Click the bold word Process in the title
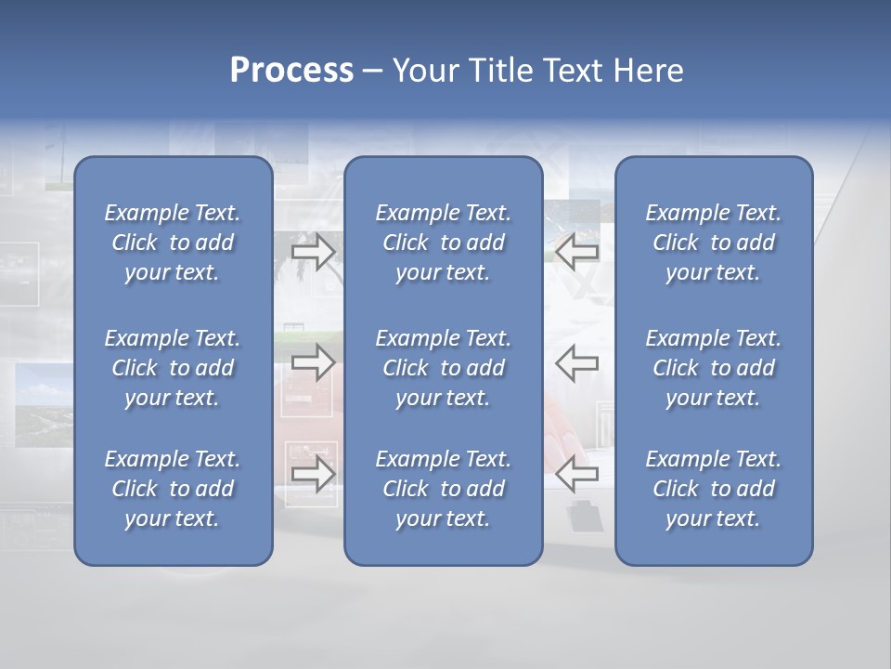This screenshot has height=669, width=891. pos(291,71)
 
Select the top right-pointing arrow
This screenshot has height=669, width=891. pos(313,252)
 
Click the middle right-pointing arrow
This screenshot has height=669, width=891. pos(313,362)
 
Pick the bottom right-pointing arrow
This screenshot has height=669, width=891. pos(313,474)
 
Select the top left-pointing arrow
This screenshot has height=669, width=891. pos(577,252)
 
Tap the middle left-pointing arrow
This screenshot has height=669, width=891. pos(577,362)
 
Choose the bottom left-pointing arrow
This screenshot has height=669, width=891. pos(577,474)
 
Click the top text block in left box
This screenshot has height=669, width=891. pos(173,243)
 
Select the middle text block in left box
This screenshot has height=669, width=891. pos(173,368)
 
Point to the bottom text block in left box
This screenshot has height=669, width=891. pos(173,489)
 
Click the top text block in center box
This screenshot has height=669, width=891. pos(443,243)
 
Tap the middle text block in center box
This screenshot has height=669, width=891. pos(443,368)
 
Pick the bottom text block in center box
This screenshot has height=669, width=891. pos(443,489)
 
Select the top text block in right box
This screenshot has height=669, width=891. pos(713,243)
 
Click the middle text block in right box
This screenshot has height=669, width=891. pos(713,368)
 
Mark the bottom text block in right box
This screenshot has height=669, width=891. pos(713,489)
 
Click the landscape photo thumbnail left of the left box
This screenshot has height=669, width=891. pos(44,400)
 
